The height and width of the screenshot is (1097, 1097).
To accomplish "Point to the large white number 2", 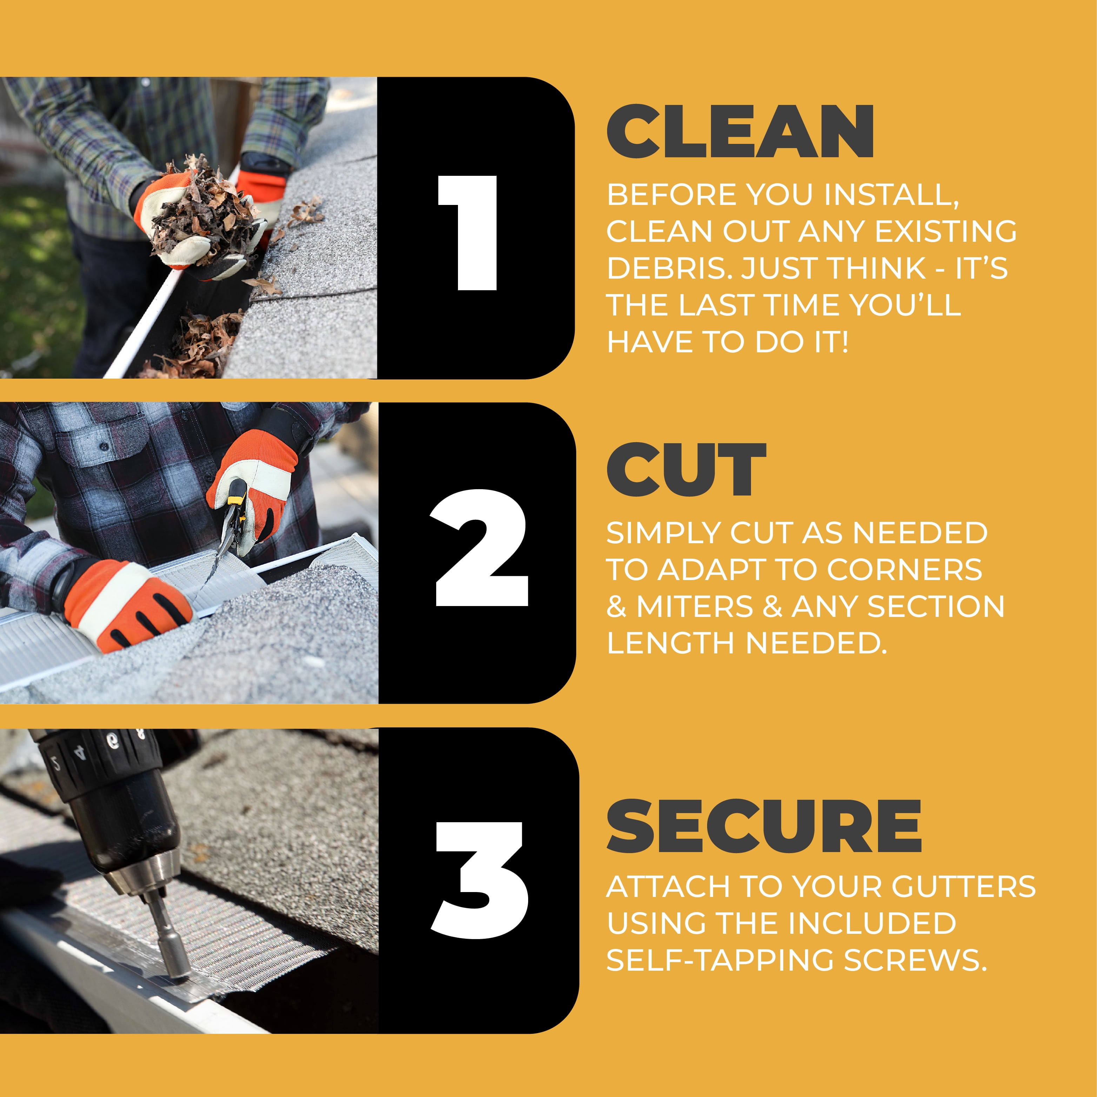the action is (481, 547).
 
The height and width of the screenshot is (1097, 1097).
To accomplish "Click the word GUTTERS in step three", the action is (964, 886).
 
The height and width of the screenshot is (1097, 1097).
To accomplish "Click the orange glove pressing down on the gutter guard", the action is (128, 605).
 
